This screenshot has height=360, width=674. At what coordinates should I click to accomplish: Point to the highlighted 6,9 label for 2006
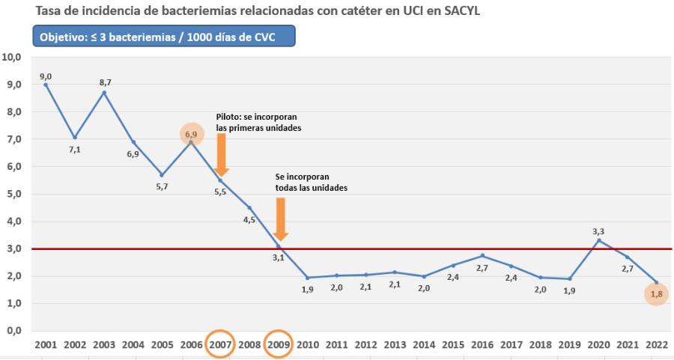coord(192,135)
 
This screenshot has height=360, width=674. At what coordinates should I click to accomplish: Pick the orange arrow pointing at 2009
coord(281,219)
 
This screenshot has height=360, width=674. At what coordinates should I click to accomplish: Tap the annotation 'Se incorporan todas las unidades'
coord(311,182)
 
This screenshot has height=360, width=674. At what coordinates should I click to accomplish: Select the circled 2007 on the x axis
coord(220,344)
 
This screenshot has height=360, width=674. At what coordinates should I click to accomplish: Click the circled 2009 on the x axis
coord(279,344)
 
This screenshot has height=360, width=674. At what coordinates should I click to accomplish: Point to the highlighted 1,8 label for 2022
coord(657,295)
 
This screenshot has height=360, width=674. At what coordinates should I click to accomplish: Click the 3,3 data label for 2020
coord(598,231)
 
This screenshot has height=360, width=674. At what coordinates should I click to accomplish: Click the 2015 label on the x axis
coord(453,344)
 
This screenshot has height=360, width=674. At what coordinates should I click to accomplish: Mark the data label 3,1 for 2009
coord(278,257)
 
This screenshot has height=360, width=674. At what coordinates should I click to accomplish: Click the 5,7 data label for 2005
coord(162,186)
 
